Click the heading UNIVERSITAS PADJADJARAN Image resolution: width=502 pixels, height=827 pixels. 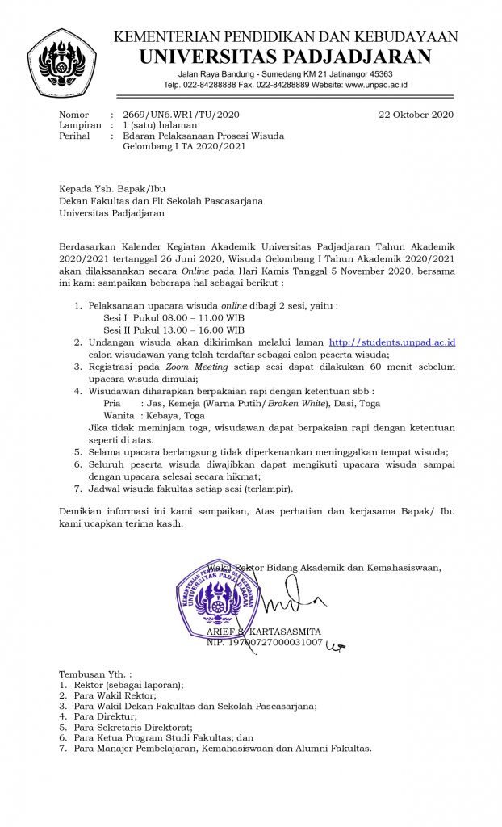click(285, 57)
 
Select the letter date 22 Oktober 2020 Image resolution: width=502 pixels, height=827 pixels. click(416, 115)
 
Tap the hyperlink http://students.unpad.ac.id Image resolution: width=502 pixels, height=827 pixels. click(392, 343)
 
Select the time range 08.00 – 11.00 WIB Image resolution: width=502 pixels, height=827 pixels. click(194, 318)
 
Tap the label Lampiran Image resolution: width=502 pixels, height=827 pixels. click(80, 125)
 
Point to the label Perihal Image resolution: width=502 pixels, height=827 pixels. click(74, 136)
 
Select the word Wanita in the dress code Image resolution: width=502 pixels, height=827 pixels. click(119, 415)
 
